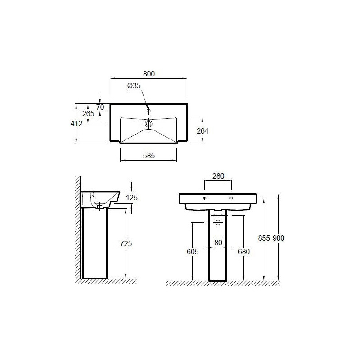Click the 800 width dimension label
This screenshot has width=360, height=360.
[149, 74]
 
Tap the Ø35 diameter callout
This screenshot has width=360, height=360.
[134, 85]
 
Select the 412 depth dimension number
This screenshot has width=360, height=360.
[76, 123]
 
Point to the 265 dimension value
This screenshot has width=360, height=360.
[88, 113]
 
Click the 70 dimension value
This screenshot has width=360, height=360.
[100, 107]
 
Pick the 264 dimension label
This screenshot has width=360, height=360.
[202, 131]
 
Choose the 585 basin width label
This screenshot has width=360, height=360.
[149, 156]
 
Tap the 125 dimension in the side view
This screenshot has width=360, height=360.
[132, 198]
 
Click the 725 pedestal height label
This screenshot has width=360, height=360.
[126, 243]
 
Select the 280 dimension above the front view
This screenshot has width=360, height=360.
[218, 176]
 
